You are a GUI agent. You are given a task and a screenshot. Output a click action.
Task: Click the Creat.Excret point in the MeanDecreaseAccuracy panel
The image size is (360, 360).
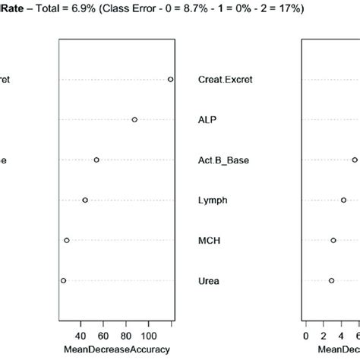point(170,79)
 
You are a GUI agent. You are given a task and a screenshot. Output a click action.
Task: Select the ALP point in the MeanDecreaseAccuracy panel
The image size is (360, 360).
point(134,119)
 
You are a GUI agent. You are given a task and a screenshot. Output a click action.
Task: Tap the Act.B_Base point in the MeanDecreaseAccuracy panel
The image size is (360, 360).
point(96,159)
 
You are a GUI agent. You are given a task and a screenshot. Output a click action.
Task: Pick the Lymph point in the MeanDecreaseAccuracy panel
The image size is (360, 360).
point(85,200)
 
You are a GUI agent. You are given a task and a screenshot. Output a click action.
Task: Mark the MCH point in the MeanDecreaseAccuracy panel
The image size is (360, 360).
point(67,240)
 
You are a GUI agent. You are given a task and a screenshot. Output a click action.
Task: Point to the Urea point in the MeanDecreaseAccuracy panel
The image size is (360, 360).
point(63,280)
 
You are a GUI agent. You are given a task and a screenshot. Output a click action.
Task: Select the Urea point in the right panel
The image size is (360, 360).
point(331,280)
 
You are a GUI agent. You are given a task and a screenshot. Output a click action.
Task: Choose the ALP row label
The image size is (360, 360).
point(207,119)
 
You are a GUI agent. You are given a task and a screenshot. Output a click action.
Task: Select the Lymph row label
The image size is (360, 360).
point(213,200)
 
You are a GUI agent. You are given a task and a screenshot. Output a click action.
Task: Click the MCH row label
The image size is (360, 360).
point(209,240)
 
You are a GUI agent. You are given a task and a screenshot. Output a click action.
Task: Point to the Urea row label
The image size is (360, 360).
point(209,280)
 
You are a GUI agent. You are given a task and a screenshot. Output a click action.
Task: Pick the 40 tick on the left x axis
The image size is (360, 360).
point(82,335)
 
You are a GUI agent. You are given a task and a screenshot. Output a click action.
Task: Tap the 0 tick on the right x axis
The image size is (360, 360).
point(306,335)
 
